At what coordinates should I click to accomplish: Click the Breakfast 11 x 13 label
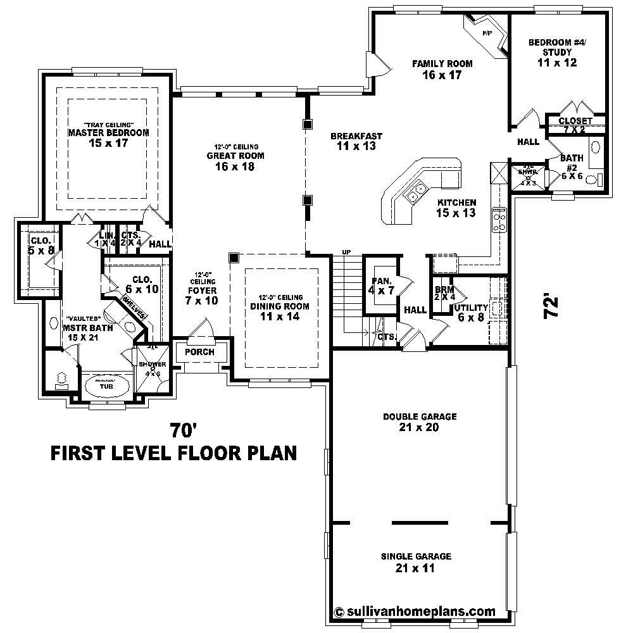click(x=356, y=141)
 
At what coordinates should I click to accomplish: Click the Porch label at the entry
click(x=199, y=352)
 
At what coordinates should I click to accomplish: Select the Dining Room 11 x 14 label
click(x=280, y=311)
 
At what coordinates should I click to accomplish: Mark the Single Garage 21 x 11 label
click(x=415, y=562)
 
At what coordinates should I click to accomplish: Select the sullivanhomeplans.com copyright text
click(x=415, y=612)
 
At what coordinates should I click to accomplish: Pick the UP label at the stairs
click(x=346, y=252)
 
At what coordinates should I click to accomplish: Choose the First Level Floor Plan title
click(x=173, y=454)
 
